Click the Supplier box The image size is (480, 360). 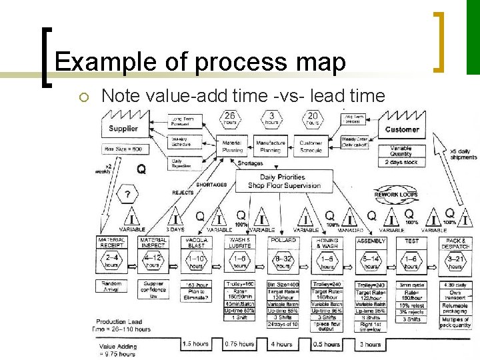coord(123,127)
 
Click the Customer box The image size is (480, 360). coord(402,129)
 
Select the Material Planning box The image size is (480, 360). coord(233,146)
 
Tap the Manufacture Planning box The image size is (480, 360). coord(271,146)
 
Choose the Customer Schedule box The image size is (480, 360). coord(311,146)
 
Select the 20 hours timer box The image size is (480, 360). coord(313,119)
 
